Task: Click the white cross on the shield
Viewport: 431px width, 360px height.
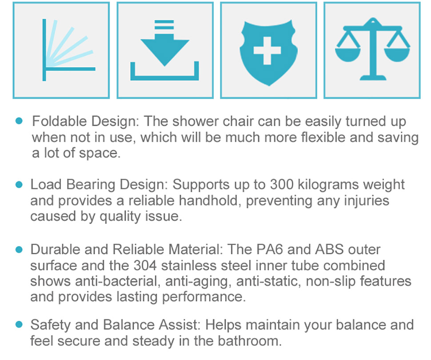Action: (267, 51)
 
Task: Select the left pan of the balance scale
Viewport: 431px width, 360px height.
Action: (348, 55)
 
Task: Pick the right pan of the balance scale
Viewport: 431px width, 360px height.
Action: (397, 55)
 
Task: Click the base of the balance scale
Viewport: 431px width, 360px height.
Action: (373, 77)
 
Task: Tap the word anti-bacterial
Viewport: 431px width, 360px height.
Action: (117, 281)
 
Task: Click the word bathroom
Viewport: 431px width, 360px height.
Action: (250, 341)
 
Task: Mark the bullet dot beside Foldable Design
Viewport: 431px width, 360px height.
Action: (19, 121)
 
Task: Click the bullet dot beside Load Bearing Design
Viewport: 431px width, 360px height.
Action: (19, 184)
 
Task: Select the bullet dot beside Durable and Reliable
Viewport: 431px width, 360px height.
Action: (19, 249)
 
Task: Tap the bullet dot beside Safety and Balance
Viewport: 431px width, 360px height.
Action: (19, 324)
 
